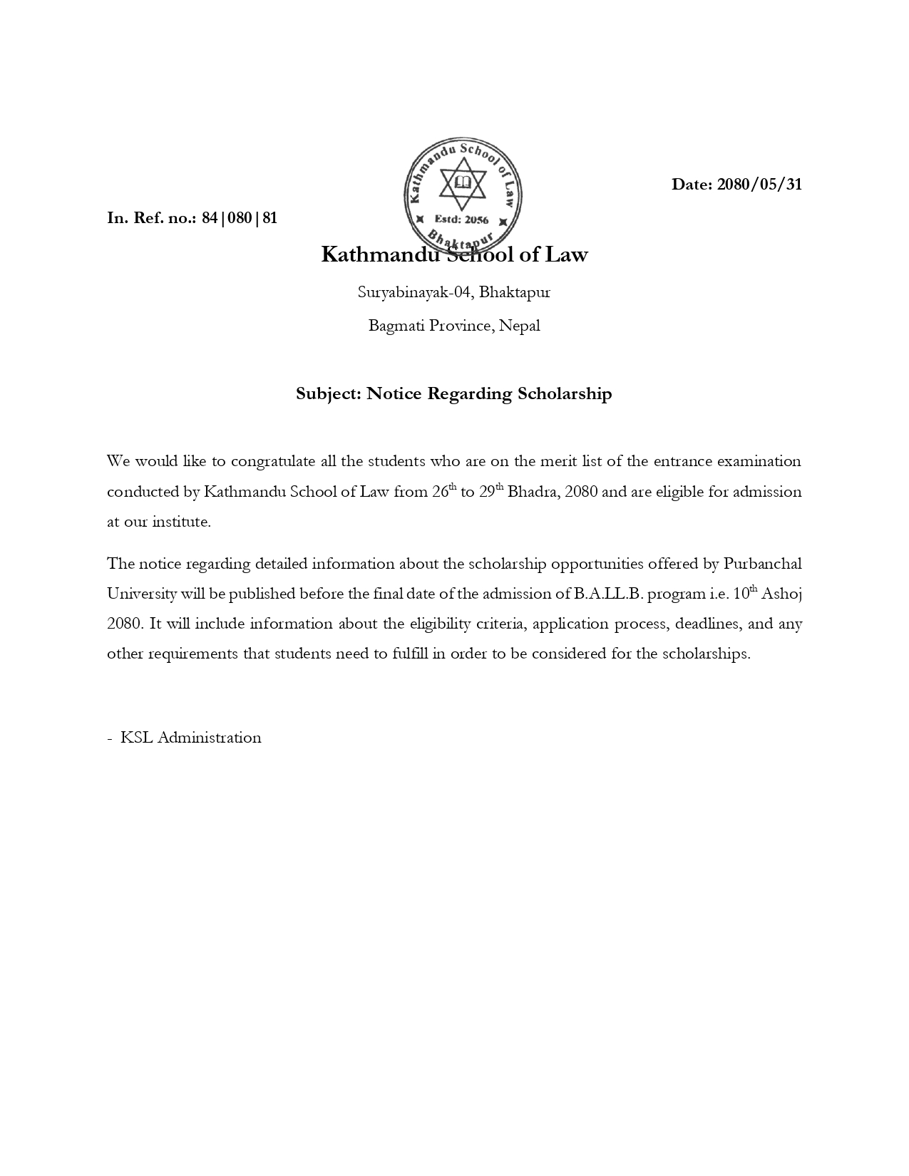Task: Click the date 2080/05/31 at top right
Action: pyautogui.click(x=759, y=185)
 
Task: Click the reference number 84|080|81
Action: pyautogui.click(x=240, y=218)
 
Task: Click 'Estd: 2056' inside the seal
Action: pyautogui.click(x=462, y=220)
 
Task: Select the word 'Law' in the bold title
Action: pyautogui.click(x=566, y=254)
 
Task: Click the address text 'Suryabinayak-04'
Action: pyautogui.click(x=414, y=292)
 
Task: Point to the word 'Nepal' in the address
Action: pyautogui.click(x=519, y=326)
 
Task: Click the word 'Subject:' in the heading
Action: pyautogui.click(x=329, y=393)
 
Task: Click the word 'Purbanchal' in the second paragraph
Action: pyautogui.click(x=762, y=564)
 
